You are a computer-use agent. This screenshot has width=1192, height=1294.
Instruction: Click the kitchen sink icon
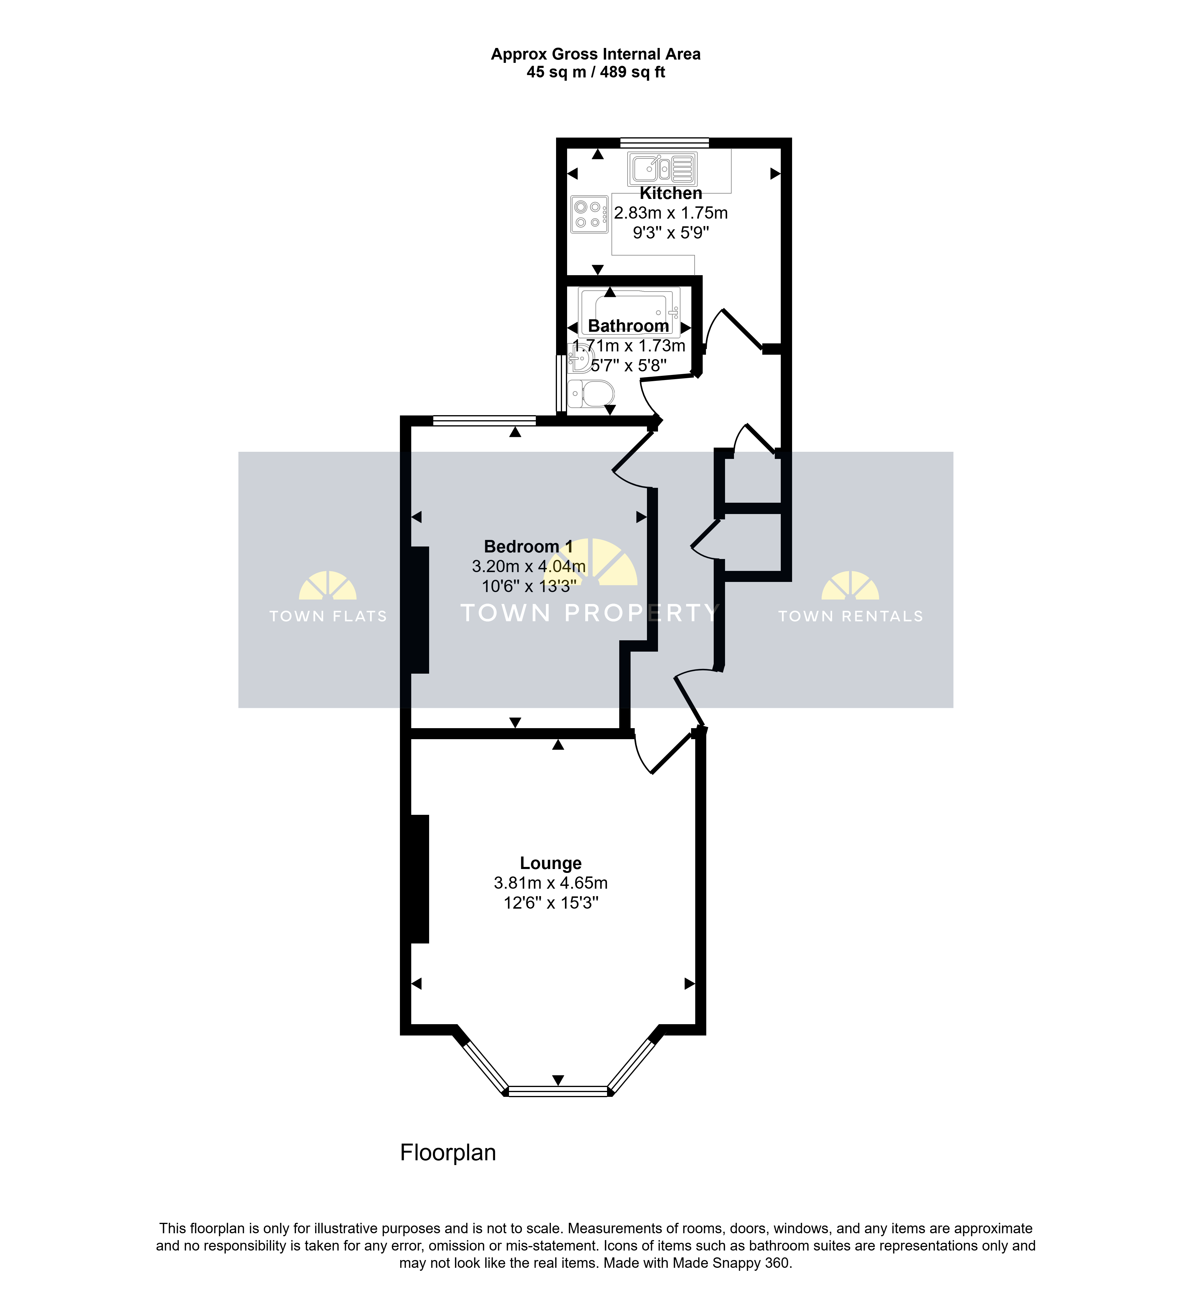tap(662, 169)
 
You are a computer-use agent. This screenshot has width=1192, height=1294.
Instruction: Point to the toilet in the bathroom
tap(591, 393)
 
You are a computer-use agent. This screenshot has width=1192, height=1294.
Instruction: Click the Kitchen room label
tap(671, 193)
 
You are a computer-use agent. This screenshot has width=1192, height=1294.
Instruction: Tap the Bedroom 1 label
tap(528, 547)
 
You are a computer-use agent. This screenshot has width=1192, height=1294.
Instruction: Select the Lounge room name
tap(551, 863)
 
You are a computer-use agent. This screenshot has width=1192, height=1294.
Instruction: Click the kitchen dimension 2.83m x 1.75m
tap(671, 213)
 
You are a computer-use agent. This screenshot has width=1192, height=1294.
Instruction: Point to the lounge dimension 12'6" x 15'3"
tap(551, 903)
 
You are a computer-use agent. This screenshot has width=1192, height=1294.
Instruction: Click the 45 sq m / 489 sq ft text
tap(596, 72)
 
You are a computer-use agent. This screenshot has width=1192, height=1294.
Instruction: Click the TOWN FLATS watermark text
tap(328, 616)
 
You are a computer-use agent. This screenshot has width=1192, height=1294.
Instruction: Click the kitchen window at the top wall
tap(664, 142)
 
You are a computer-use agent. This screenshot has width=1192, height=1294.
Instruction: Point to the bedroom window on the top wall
tap(485, 421)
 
